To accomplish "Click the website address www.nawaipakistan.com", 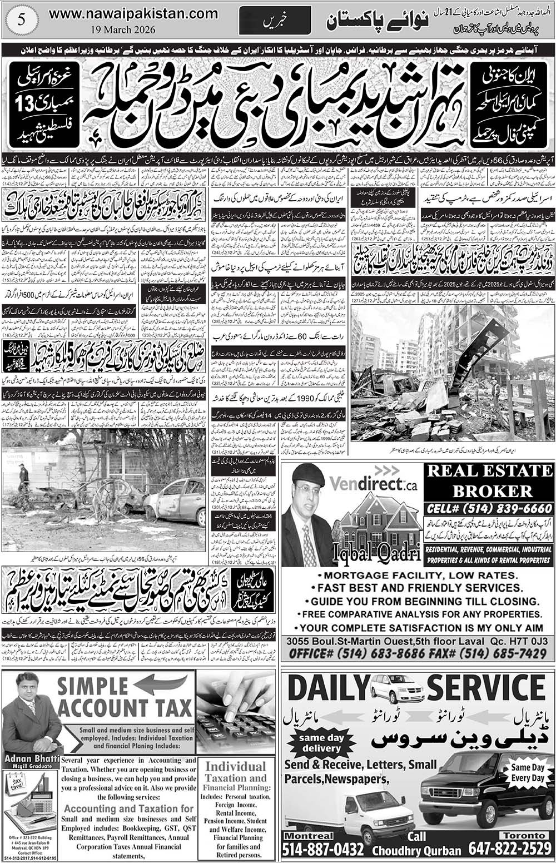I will point(133,13).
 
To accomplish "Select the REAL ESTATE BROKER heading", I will point(489,481).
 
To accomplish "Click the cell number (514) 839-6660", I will point(489,509).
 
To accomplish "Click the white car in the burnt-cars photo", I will point(177,500).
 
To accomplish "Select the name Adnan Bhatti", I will point(31,758).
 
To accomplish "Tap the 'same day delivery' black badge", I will point(320,743).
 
